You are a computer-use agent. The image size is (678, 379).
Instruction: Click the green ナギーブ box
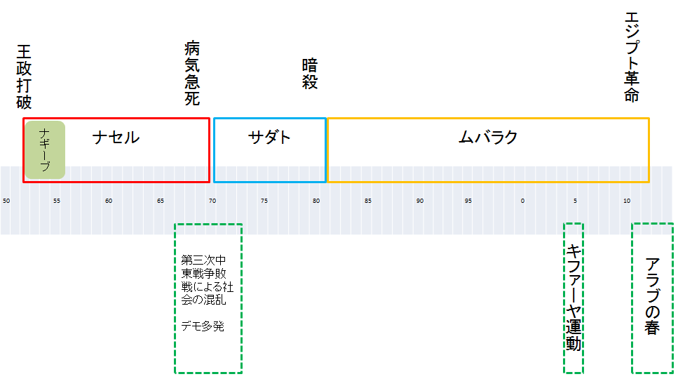click(44, 149)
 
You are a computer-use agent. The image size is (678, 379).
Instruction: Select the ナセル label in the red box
click(116, 138)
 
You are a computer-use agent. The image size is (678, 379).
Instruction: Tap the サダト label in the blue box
click(269, 138)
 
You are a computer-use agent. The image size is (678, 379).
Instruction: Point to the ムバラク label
click(488, 138)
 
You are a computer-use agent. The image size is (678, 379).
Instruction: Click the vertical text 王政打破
click(24, 78)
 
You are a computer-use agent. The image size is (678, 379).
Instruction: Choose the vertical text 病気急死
click(192, 73)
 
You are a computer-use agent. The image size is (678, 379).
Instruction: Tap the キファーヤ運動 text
click(574, 298)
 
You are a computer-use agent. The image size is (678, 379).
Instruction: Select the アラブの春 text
click(652, 296)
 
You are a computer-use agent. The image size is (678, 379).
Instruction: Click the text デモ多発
click(203, 326)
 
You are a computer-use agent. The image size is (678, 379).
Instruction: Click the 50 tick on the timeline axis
click(6, 201)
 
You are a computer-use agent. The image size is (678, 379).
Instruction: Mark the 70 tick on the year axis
click(212, 201)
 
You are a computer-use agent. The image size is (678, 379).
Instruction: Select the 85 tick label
click(367, 201)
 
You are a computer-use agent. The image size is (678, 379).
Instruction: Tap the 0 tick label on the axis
click(522, 201)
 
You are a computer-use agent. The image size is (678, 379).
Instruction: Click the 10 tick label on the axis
click(627, 201)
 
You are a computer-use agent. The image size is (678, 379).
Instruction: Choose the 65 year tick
click(161, 201)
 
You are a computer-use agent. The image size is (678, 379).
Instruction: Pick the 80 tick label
click(316, 201)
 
